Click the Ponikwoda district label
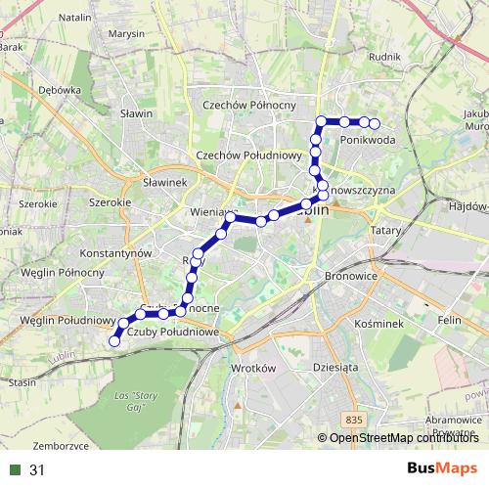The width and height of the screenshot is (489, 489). coord(369,141)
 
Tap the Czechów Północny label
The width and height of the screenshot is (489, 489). coord(248,106)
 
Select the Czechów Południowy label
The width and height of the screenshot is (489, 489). coord(249,155)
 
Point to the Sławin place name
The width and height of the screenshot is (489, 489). coord(137,113)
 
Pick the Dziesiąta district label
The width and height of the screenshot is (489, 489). coord(333,369)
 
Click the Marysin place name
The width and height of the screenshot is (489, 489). coord(127,35)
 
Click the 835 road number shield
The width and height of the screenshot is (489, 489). coord(354,420)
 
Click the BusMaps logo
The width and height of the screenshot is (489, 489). coord(442,469)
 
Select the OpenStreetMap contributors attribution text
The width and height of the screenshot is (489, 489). coord(400,438)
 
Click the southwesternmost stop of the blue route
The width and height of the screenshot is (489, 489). coord(114,341)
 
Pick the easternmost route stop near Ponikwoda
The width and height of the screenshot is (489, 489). coord(375,123)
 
